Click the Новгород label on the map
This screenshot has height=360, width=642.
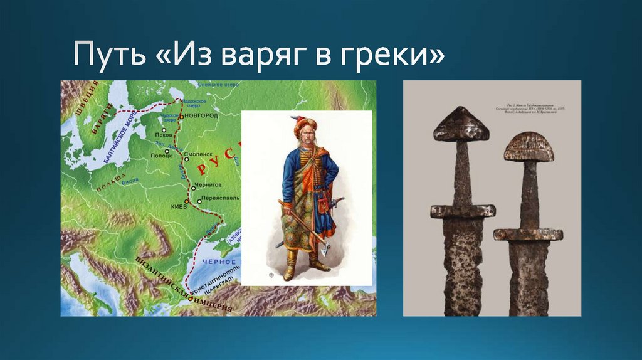(x=201, y=116)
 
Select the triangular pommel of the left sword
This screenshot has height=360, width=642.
(x=461, y=124)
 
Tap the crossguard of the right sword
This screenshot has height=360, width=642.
(x=528, y=234)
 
